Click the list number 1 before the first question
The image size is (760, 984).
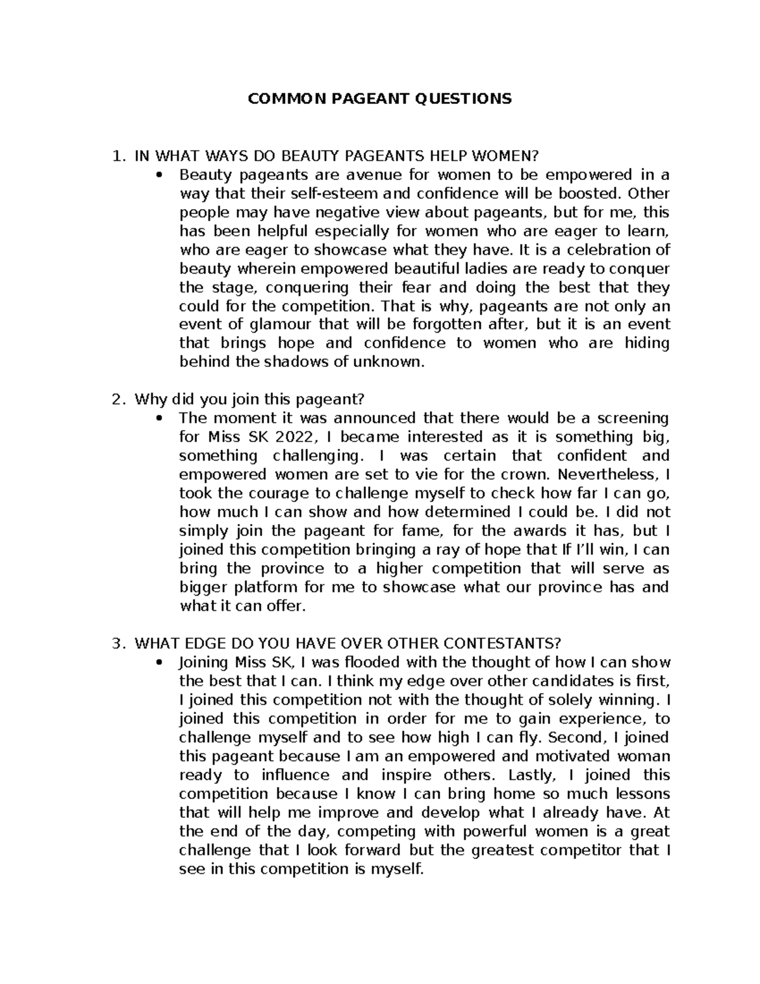point(115,156)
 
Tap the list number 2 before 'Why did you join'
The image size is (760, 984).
point(115,399)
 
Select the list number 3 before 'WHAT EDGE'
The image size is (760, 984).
point(115,644)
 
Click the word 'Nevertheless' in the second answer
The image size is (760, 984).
point(609,475)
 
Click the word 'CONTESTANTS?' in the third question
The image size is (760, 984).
point(510,644)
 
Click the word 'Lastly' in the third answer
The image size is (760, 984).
point(531,775)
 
